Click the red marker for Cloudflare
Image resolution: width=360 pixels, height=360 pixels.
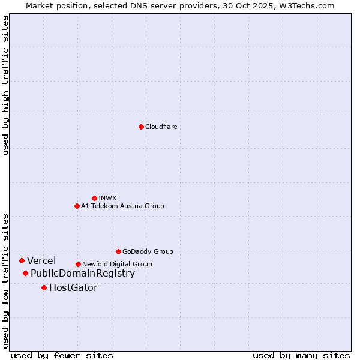pyautogui.click(x=141, y=127)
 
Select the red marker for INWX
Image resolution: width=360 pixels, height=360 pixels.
pyautogui.click(x=94, y=198)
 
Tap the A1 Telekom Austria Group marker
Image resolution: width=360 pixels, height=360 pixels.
pyautogui.click(x=77, y=206)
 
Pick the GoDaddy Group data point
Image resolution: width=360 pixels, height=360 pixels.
pyautogui.click(x=118, y=251)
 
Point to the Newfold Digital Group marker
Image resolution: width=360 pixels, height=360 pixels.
pyautogui.click(x=78, y=264)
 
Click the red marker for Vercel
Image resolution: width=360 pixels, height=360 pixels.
pyautogui.click(x=22, y=260)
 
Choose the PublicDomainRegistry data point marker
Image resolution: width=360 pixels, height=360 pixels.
pyautogui.click(x=25, y=274)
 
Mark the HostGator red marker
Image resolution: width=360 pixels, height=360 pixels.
pyautogui.click(x=44, y=288)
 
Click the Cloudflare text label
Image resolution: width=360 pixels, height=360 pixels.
pyautogui.click(x=161, y=127)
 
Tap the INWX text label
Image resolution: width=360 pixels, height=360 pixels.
pyautogui.click(x=107, y=198)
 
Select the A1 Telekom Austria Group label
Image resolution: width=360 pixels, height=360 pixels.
pyautogui.click(x=122, y=206)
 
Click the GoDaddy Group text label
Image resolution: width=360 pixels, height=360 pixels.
pyautogui.click(x=148, y=252)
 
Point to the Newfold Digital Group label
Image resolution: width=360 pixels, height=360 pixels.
pyautogui.click(x=117, y=265)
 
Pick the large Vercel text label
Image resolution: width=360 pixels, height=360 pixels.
pyautogui.click(x=41, y=260)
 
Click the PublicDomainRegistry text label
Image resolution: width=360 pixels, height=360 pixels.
pyautogui.click(x=83, y=274)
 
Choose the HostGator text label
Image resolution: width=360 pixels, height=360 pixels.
pyautogui.click(x=73, y=288)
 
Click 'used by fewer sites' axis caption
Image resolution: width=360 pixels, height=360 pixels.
pyautogui.click(x=62, y=356)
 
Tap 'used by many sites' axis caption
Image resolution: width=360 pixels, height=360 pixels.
pyautogui.click(x=301, y=356)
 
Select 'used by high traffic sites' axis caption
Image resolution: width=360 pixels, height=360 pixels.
pyautogui.click(x=6, y=85)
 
